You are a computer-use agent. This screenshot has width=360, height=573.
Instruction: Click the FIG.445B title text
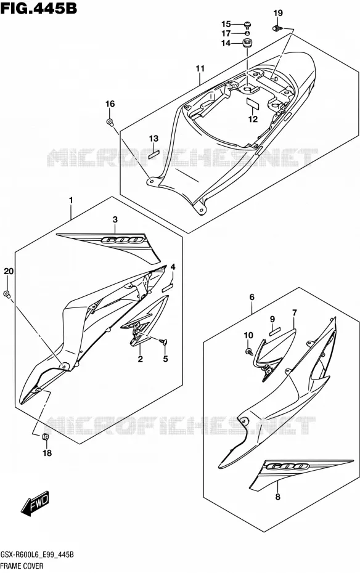tap(39, 7)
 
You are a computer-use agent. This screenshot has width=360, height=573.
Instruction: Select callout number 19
tap(278, 13)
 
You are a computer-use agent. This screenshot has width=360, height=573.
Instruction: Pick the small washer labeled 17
tap(248, 33)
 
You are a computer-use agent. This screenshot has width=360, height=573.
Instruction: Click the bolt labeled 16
tap(110, 122)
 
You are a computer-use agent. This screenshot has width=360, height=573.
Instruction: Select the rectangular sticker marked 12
tap(253, 102)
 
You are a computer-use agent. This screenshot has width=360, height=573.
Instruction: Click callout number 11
tap(200, 68)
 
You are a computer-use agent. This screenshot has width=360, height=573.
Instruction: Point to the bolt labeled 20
tap(7, 294)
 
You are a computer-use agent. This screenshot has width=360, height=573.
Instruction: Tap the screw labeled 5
tap(163, 342)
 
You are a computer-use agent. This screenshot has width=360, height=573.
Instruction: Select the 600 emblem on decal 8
tap(287, 466)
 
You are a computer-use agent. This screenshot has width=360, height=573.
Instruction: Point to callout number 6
tap(252, 297)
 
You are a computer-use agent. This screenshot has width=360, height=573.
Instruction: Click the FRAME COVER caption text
tap(22, 566)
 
